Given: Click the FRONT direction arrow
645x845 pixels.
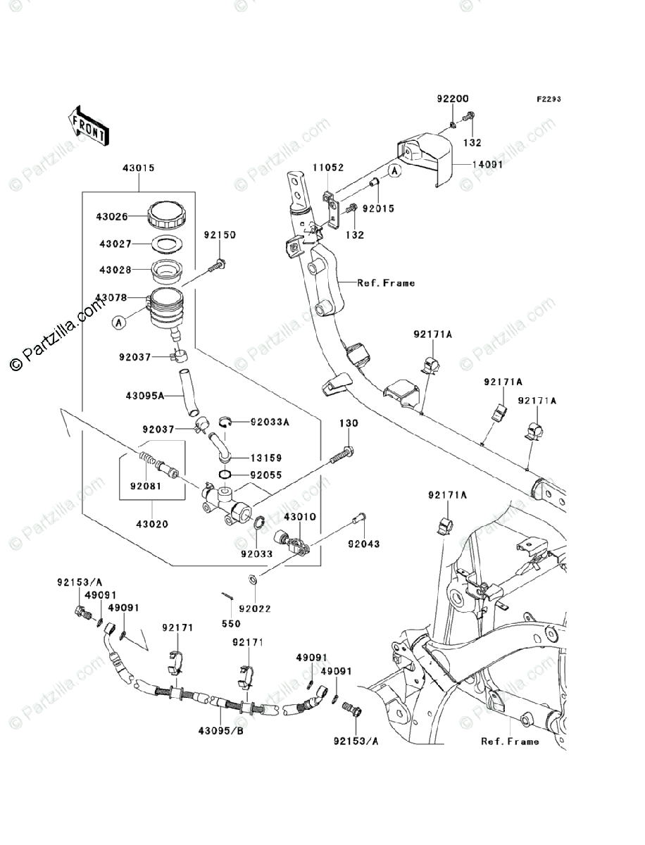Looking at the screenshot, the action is pyautogui.click(x=89, y=125).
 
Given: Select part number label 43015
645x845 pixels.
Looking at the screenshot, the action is pyautogui.click(x=139, y=168).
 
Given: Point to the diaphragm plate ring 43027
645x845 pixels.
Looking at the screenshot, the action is pyautogui.click(x=167, y=244).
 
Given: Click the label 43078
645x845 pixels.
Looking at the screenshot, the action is pyautogui.click(x=111, y=298).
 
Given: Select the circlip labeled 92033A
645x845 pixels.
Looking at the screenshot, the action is pyautogui.click(x=225, y=422).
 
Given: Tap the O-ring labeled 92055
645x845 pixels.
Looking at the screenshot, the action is pyautogui.click(x=225, y=475).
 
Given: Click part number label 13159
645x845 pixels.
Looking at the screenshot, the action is pyautogui.click(x=266, y=458).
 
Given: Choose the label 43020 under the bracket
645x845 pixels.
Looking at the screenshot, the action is pyautogui.click(x=152, y=524).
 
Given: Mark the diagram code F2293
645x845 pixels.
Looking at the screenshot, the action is pyautogui.click(x=549, y=99).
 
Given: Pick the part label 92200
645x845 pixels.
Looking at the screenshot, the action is pyautogui.click(x=453, y=99).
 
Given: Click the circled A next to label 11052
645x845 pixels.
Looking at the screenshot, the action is pyautogui.click(x=394, y=170).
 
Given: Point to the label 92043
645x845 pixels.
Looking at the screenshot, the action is pyautogui.click(x=363, y=544).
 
